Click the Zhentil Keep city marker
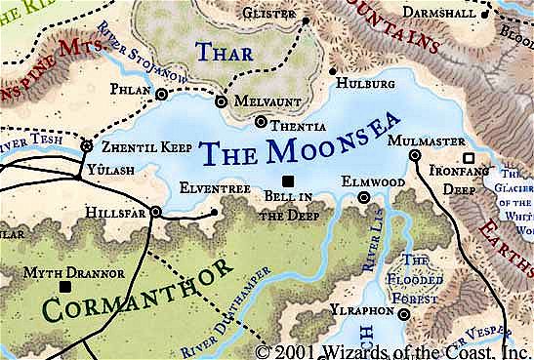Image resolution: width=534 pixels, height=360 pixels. point(86,146)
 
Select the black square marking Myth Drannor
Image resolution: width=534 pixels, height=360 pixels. point(65,288)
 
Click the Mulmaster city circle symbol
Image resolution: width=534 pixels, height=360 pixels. point(414,155)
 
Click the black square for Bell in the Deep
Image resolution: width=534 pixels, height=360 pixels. point(287,180)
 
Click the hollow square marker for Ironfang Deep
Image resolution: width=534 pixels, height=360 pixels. point(469,157)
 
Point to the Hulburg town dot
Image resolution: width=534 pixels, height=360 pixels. point(333,71)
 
